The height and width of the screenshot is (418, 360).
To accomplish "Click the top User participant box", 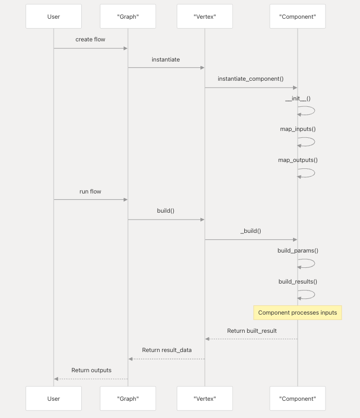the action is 54,17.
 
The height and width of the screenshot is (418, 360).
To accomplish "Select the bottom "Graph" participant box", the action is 128,399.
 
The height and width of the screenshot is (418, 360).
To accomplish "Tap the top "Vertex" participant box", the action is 205,17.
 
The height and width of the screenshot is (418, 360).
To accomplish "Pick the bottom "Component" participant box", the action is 297,399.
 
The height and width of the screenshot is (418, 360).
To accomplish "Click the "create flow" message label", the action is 90,39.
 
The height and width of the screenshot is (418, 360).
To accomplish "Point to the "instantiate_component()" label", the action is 251,79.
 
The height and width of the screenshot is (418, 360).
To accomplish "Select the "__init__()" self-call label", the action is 297,98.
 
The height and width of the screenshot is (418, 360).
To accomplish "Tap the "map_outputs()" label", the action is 297,160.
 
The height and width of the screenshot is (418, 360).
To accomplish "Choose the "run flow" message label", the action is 90,191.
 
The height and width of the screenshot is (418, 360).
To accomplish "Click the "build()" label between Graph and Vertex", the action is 165,211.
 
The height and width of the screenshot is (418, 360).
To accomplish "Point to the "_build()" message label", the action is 251,230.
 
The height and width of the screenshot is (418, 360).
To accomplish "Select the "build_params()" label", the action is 297,251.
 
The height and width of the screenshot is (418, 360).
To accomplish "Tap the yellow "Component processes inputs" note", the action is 297,313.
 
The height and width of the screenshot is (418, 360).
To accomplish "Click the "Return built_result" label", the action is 252,331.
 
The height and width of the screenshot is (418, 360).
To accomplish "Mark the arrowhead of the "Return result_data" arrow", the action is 131,359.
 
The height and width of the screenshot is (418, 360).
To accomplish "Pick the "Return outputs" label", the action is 91,370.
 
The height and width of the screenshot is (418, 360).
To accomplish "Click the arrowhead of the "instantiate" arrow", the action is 202,68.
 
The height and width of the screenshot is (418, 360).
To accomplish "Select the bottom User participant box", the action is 54,399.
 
